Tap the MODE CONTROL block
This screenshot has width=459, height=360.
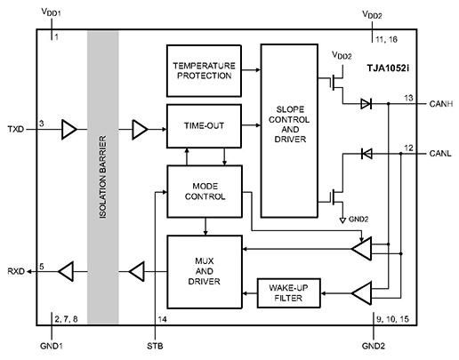(x=204, y=191)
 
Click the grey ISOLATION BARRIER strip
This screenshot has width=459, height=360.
(x=102, y=178)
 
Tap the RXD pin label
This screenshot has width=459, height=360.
(x=16, y=268)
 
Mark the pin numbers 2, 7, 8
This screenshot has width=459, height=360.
(x=66, y=316)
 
